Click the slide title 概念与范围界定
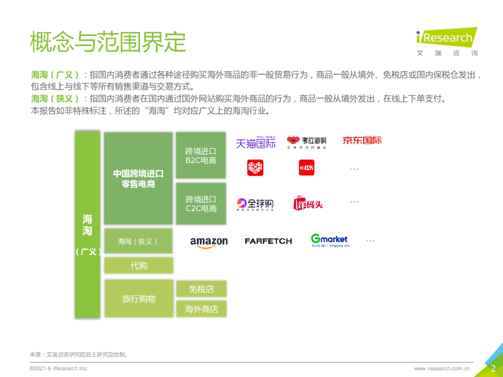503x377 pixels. (x=108, y=42)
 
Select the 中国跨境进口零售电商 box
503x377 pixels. (x=138, y=179)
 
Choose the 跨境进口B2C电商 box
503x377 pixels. (x=201, y=155)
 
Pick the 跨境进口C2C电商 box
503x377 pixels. (x=201, y=204)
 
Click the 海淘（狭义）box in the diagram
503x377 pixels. (x=138, y=241)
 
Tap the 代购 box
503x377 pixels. (x=139, y=266)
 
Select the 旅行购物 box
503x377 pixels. (x=139, y=298)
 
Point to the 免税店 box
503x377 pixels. (x=201, y=289)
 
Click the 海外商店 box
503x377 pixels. (x=201, y=309)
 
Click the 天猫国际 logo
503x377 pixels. (x=255, y=142)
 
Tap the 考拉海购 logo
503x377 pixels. (x=307, y=142)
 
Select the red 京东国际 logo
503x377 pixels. (x=362, y=140)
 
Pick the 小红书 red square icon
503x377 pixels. (x=306, y=168)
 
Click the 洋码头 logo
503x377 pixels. (x=308, y=203)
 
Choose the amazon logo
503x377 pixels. (x=209, y=242)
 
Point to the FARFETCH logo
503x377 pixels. (x=268, y=241)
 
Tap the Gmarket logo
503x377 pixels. (x=329, y=240)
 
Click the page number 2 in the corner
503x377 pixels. (x=493, y=369)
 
